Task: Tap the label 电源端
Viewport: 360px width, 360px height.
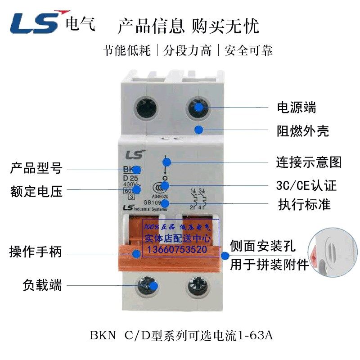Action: [296, 108]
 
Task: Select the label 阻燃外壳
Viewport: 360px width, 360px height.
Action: [302, 131]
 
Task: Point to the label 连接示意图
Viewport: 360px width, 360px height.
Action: [309, 162]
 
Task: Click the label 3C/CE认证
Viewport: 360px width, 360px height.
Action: [306, 185]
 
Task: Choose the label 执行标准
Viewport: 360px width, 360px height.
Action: [305, 205]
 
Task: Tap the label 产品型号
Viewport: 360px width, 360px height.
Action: [36, 169]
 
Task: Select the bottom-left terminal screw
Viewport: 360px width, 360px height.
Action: [148, 285]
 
